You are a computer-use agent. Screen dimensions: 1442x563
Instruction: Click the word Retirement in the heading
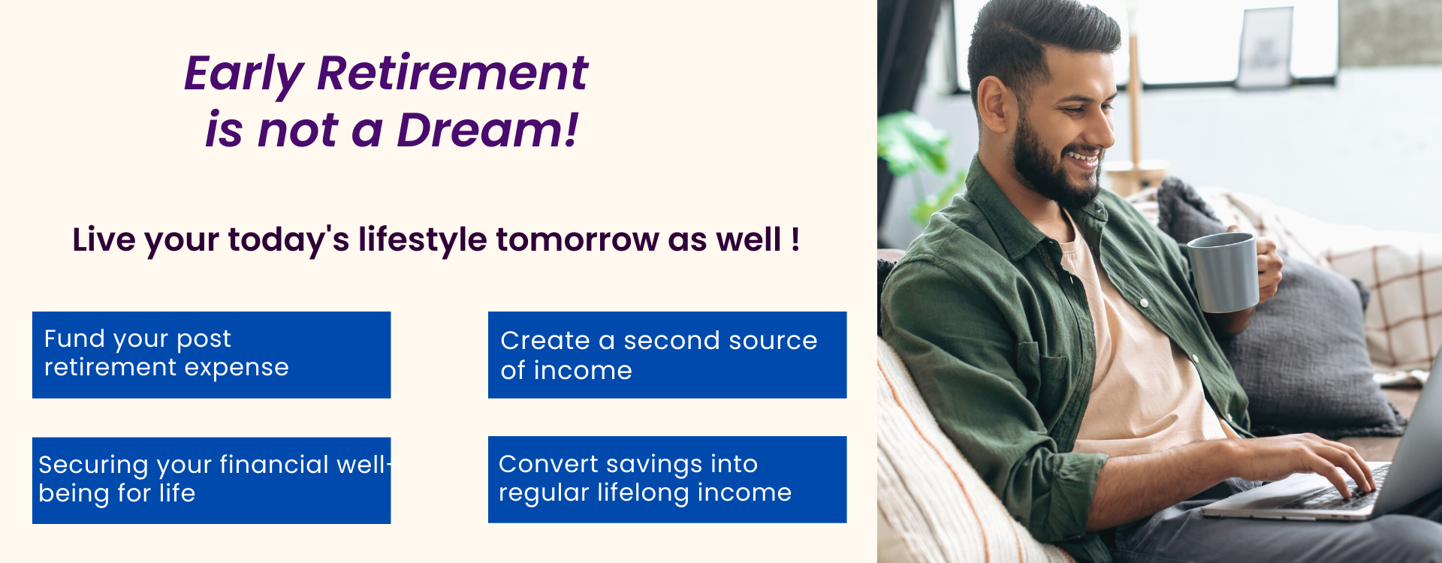tap(452, 74)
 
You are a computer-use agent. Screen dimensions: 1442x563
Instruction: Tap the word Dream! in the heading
tap(487, 130)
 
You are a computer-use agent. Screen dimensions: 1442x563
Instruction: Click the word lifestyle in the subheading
tap(423, 241)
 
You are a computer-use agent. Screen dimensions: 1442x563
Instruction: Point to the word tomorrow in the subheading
tap(577, 240)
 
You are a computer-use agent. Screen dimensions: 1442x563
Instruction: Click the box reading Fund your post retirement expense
tap(211, 354)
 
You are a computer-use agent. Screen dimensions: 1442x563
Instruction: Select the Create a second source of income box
tap(667, 354)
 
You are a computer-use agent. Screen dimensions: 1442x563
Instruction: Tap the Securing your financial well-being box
tap(211, 480)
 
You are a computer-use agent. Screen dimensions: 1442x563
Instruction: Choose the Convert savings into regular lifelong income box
tap(667, 480)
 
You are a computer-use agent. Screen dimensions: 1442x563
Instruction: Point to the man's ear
tap(992, 104)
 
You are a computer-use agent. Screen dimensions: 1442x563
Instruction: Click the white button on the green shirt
tap(1144, 303)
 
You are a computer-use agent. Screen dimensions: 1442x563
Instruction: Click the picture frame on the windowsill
tap(1265, 49)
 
